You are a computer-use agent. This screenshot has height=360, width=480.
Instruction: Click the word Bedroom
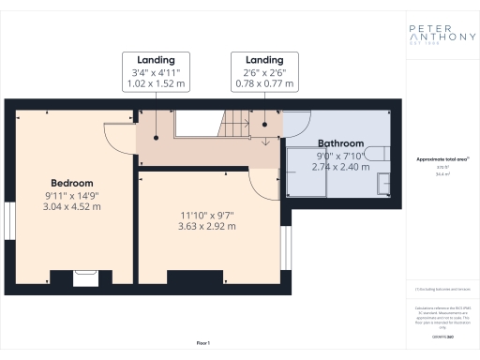(71, 182)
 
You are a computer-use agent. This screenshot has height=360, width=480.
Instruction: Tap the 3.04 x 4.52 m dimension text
(71, 206)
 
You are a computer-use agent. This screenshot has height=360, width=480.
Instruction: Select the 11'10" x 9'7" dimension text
(208, 213)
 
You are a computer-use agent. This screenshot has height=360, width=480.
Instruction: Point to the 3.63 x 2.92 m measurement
(208, 226)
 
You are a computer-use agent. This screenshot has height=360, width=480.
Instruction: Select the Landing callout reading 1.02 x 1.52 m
(156, 71)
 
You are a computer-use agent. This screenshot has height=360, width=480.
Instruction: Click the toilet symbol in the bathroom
(376, 154)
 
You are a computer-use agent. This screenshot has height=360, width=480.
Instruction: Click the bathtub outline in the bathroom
(307, 173)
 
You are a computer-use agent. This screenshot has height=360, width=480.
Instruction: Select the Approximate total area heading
(435, 159)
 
